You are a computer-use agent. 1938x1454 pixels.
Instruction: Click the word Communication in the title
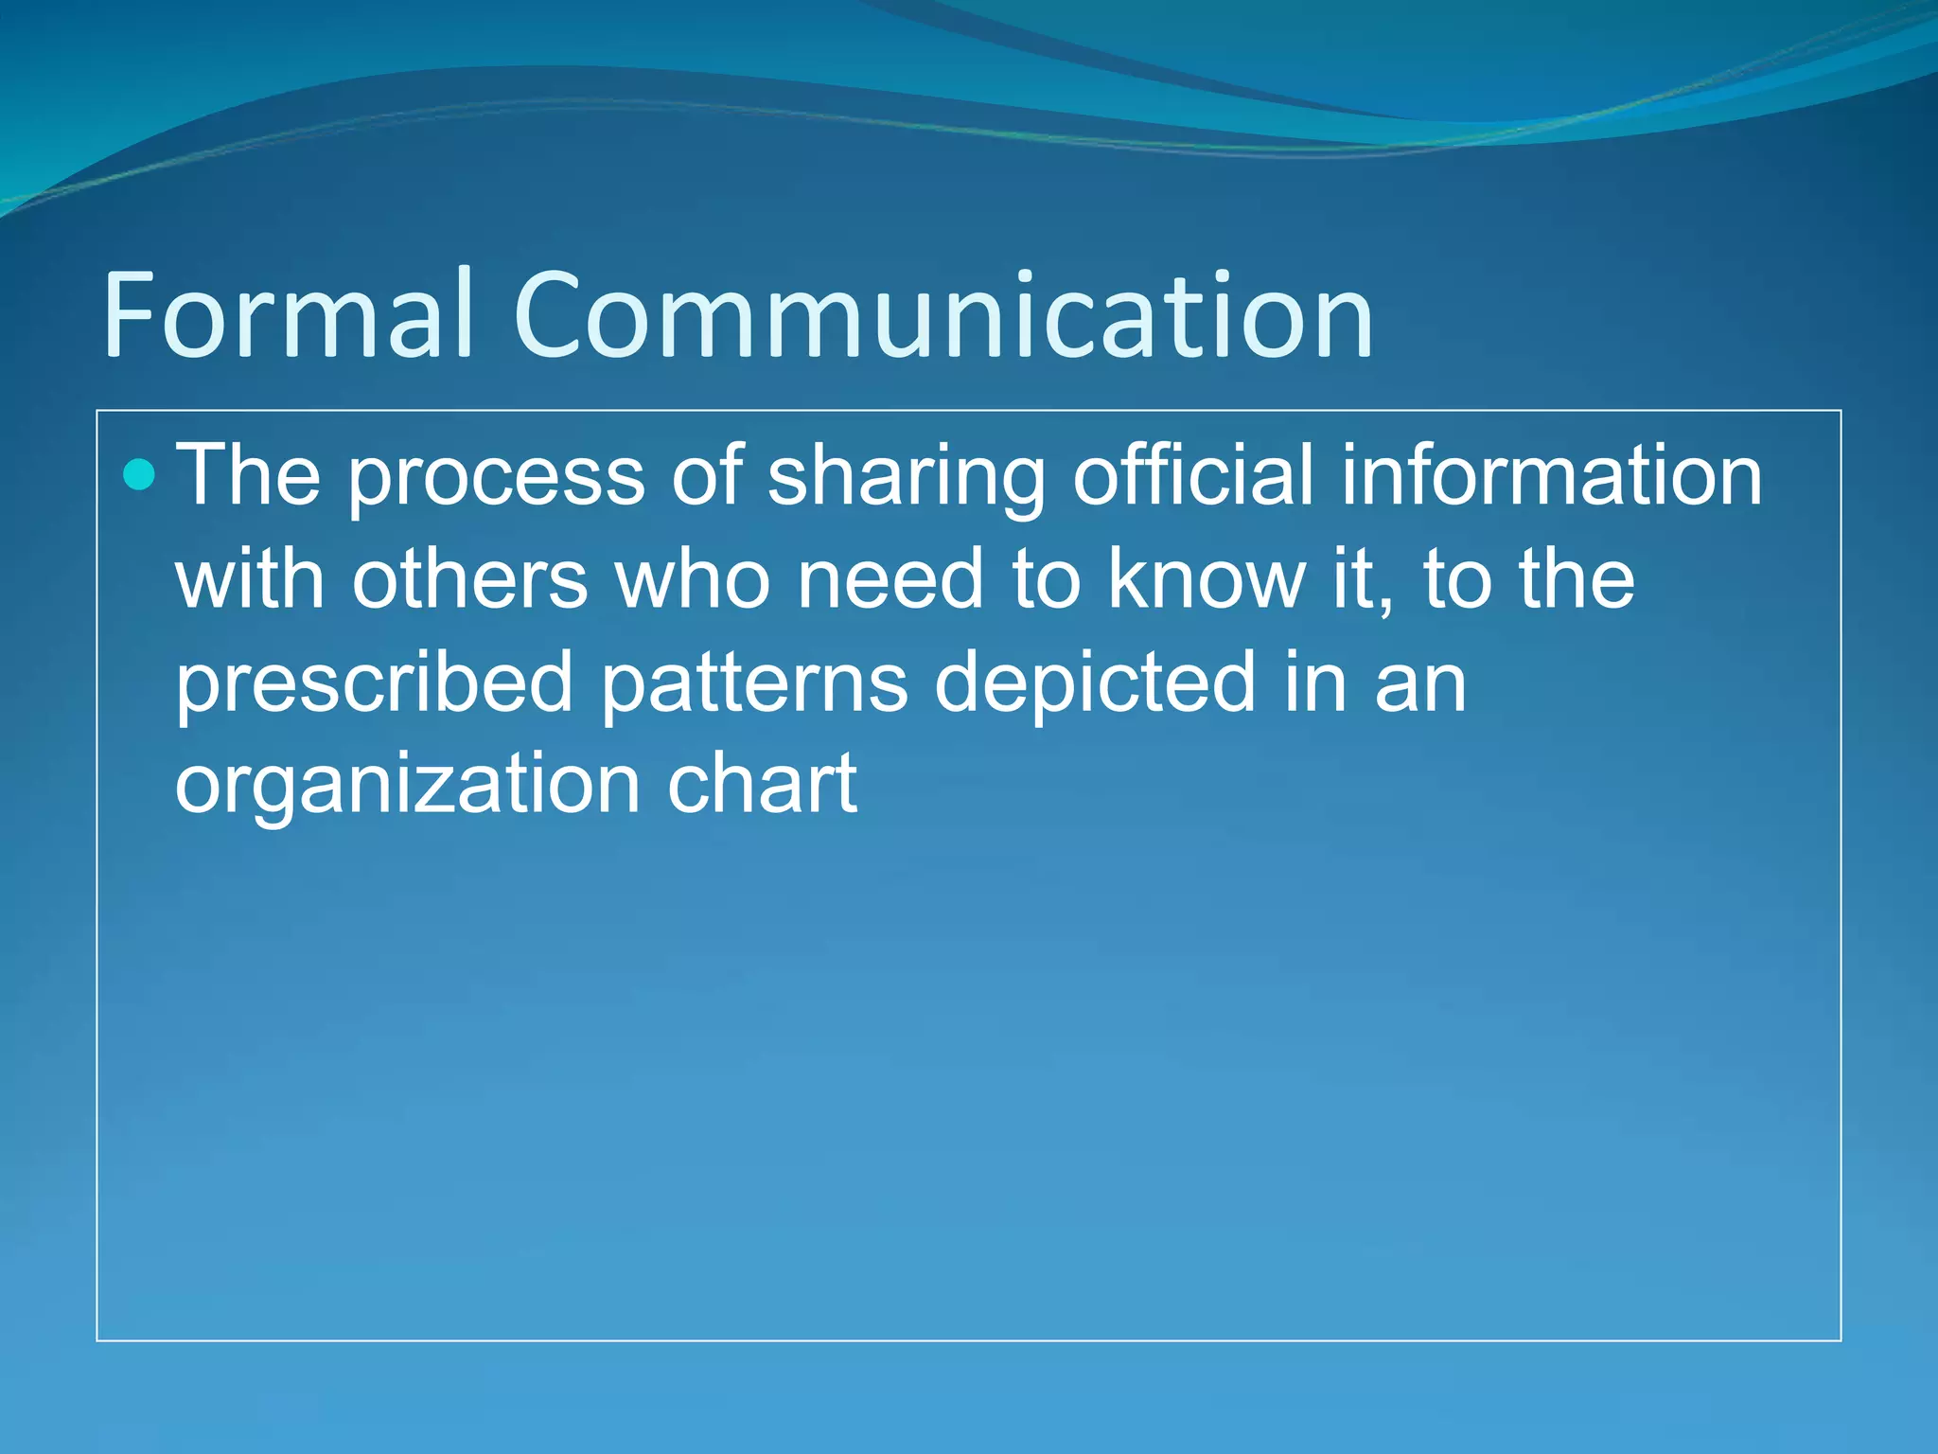(x=943, y=316)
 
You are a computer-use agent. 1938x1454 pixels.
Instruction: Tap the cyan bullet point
(x=139, y=474)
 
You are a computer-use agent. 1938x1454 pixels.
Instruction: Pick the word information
(x=1551, y=475)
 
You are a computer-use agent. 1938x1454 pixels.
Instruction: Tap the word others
(x=469, y=578)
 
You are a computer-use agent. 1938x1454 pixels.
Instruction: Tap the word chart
(x=762, y=784)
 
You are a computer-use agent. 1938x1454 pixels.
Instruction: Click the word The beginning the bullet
(x=249, y=475)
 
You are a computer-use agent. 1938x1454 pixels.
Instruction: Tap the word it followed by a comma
(x=1357, y=578)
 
